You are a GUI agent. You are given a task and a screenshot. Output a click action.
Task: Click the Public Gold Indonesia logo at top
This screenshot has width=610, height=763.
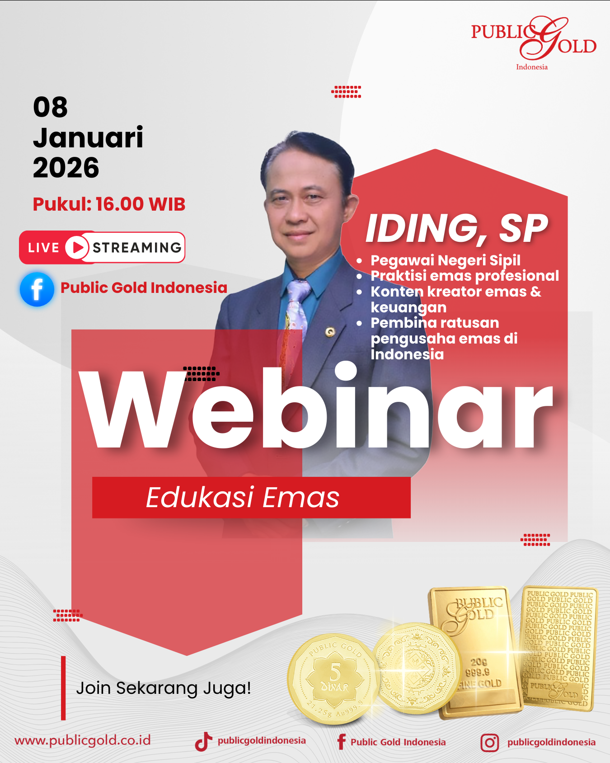click(x=534, y=43)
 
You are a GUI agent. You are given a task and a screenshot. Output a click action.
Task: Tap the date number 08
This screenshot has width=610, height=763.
click(x=50, y=108)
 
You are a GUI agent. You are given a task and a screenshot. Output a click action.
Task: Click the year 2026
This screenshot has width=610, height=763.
click(x=66, y=168)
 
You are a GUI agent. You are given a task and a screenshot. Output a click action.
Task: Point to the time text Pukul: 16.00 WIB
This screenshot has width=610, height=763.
click(x=109, y=204)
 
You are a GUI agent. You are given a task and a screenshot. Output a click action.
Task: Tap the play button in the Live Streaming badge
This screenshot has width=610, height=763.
click(x=77, y=247)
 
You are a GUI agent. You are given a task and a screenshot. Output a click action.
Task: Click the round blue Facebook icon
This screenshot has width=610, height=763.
click(x=37, y=289)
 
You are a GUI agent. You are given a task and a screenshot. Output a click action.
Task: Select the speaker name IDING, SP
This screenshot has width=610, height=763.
click(x=457, y=228)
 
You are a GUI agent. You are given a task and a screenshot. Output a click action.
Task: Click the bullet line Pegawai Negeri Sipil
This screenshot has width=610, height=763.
click(x=445, y=260)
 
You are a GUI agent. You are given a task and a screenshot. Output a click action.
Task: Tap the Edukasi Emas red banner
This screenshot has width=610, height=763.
click(x=251, y=497)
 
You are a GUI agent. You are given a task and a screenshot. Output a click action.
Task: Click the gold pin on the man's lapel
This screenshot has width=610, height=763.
click(x=330, y=332)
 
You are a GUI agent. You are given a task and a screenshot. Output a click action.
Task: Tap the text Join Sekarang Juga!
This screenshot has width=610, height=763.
click(x=163, y=688)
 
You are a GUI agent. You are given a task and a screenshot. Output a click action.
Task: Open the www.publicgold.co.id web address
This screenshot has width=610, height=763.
click(x=83, y=740)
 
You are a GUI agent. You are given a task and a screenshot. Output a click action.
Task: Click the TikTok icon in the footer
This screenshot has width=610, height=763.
click(x=203, y=741)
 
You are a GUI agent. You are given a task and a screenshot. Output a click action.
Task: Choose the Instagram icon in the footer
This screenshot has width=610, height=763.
click(x=489, y=742)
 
